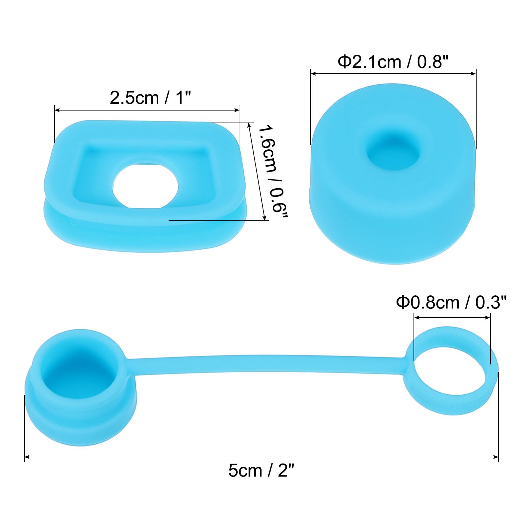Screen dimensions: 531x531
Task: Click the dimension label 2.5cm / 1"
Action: [151, 98]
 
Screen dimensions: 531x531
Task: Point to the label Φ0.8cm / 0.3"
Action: [451, 303]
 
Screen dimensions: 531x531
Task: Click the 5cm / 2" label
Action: [262, 471]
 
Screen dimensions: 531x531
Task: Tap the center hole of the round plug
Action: [394, 153]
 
